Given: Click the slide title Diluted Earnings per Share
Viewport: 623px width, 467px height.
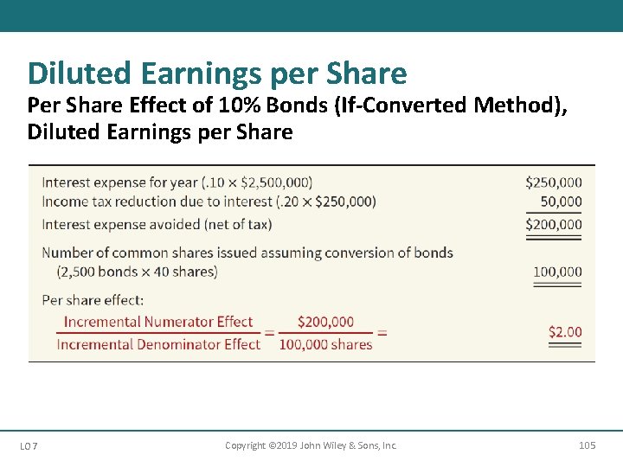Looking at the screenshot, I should tap(217, 74).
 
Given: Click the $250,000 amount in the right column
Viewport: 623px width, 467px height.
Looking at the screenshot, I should tap(554, 182).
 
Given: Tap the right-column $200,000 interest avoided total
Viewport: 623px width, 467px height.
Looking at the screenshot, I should tap(554, 224).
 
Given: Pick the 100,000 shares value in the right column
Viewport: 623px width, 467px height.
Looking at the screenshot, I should tap(557, 272).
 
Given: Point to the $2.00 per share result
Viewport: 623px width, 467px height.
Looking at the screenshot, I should tap(565, 331).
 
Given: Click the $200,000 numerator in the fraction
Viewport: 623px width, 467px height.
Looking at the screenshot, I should tap(325, 322).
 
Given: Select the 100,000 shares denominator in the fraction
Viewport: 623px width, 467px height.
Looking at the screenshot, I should tap(325, 344).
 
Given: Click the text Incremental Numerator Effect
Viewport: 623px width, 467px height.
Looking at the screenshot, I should tap(158, 322).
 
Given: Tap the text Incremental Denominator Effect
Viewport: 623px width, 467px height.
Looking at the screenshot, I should tap(158, 344).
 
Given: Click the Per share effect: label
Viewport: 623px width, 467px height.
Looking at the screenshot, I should tap(93, 300).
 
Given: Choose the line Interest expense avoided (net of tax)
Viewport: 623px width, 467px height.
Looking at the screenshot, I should tap(157, 224).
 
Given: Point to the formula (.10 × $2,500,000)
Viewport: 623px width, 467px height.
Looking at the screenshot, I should tap(257, 182).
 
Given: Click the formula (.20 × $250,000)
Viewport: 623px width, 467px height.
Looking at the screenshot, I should tap(326, 202).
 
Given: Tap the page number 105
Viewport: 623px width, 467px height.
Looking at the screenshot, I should tap(587, 445).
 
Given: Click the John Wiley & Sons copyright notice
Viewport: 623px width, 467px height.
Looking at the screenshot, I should tap(311, 445).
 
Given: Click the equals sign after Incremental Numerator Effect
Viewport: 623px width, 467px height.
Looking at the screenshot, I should tap(268, 333).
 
